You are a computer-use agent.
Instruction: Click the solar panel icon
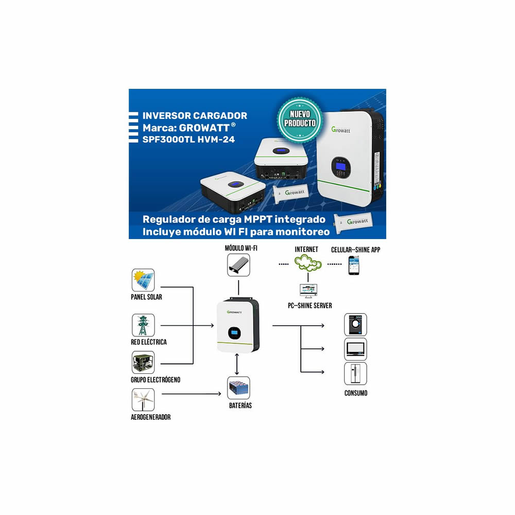click(143, 280)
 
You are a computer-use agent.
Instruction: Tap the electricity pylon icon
click(143, 325)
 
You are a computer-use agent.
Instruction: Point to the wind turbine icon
click(143, 400)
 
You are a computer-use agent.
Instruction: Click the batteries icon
click(238, 388)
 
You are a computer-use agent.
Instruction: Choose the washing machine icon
click(355, 325)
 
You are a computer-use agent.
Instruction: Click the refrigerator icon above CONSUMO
click(355, 374)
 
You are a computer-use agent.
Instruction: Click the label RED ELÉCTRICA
click(149, 342)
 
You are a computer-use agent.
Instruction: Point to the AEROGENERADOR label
click(151, 417)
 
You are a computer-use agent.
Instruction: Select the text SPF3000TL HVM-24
click(186, 139)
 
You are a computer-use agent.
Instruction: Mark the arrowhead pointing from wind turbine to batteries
click(218, 394)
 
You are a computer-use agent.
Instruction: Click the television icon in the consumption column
click(355, 349)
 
